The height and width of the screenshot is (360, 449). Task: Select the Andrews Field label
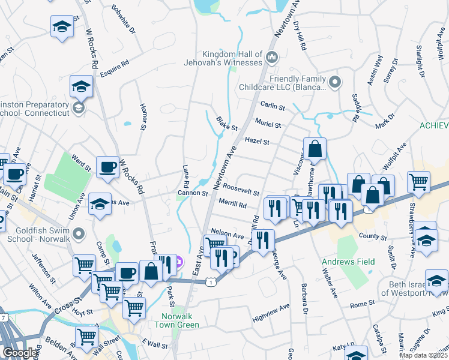pyautogui.click(x=348, y=262)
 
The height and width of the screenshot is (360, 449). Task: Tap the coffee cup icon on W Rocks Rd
pyautogui.click(x=107, y=167)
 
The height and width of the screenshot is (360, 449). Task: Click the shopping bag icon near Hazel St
pyautogui.click(x=315, y=148)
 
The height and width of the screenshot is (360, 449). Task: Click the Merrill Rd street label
pyautogui.click(x=233, y=205)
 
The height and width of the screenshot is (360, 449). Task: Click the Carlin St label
pyautogui.click(x=273, y=107)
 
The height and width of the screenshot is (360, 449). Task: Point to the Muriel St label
pyautogui.click(x=268, y=125)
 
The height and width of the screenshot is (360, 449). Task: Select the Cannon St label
pyautogui.click(x=192, y=194)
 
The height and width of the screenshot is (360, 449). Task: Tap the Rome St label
pyautogui.click(x=362, y=304)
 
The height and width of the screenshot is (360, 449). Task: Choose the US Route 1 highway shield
pyautogui.click(x=208, y=281)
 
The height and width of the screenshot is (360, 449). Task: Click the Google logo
pyautogui.click(x=20, y=352)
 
